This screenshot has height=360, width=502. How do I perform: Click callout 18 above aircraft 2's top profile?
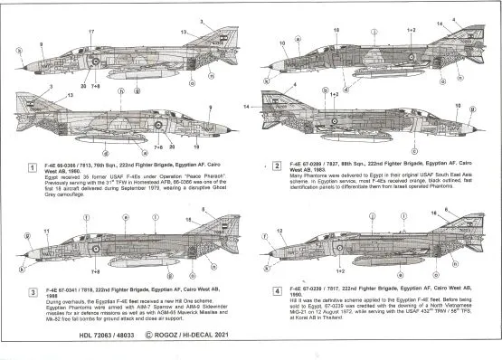(336, 30)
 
